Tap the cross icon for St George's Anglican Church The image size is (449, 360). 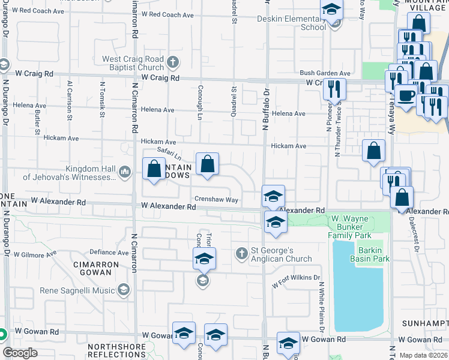click(242, 253)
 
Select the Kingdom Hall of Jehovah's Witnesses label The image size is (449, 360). click(69, 173)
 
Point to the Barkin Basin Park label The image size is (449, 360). click(374, 254)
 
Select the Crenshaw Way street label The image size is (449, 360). click(216, 199)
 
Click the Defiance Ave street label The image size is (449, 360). click(109, 253)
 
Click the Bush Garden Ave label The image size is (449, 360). click(325, 73)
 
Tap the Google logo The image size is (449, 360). click(20, 352)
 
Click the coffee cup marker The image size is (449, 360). click(405, 95)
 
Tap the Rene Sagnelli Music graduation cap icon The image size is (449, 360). click(124, 290)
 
